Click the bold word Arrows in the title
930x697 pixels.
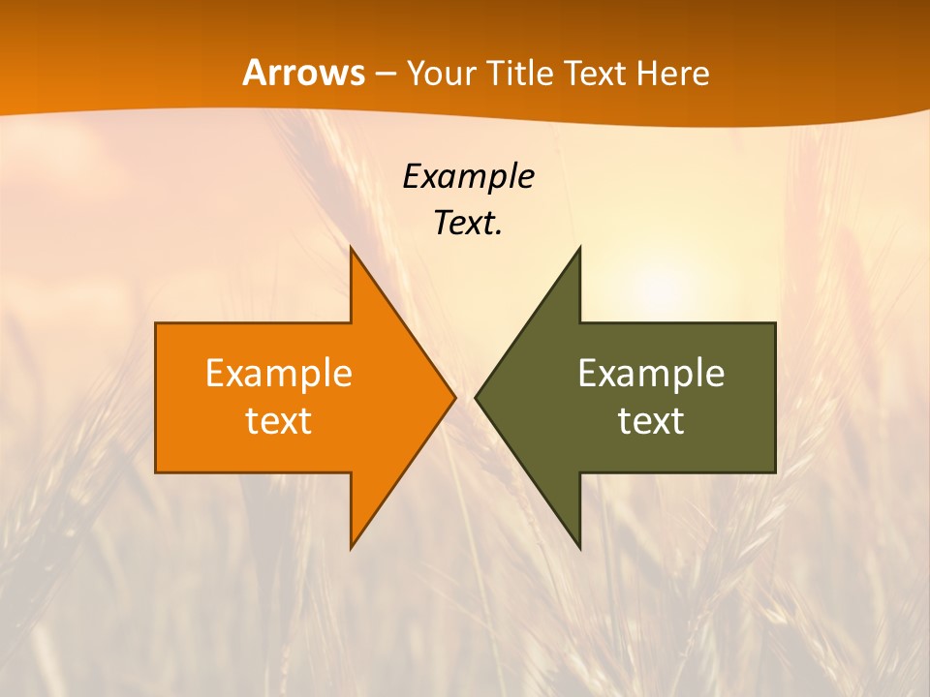click(x=303, y=73)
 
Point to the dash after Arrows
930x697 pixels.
click(x=385, y=74)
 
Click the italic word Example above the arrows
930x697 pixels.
click(x=468, y=176)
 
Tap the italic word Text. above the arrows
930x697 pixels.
click(x=468, y=223)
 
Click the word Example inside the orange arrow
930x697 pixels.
click(x=279, y=374)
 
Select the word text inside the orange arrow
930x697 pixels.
click(x=279, y=421)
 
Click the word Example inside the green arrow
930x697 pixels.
click(x=651, y=374)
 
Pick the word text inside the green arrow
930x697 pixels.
click(x=651, y=421)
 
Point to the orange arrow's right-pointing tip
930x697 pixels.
click(x=452, y=397)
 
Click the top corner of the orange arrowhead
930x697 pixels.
click(x=353, y=251)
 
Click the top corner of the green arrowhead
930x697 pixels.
click(x=578, y=251)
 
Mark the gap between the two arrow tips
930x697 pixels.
click(x=465, y=397)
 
